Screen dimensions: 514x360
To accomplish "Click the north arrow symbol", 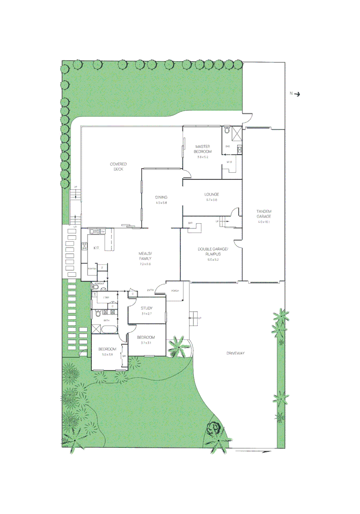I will tap(298, 94).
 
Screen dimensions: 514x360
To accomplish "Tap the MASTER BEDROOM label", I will tap(203, 149).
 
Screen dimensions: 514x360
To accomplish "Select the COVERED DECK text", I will tap(118, 167).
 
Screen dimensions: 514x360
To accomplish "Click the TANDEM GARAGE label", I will tap(263, 214).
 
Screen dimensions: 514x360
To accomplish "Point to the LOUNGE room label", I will tap(211, 194).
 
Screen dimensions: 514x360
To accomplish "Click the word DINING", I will tap(161, 197).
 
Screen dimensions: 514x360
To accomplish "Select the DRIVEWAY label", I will tap(235, 353).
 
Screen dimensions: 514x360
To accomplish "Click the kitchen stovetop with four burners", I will tap(85, 246).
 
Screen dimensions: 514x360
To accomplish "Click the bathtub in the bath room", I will tap(110, 328).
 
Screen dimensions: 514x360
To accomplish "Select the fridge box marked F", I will tap(101, 268).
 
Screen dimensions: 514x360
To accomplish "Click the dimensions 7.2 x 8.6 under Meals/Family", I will tap(145, 264).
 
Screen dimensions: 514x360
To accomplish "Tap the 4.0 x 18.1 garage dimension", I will tap(263, 222).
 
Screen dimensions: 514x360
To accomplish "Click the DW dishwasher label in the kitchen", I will tap(102, 231).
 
